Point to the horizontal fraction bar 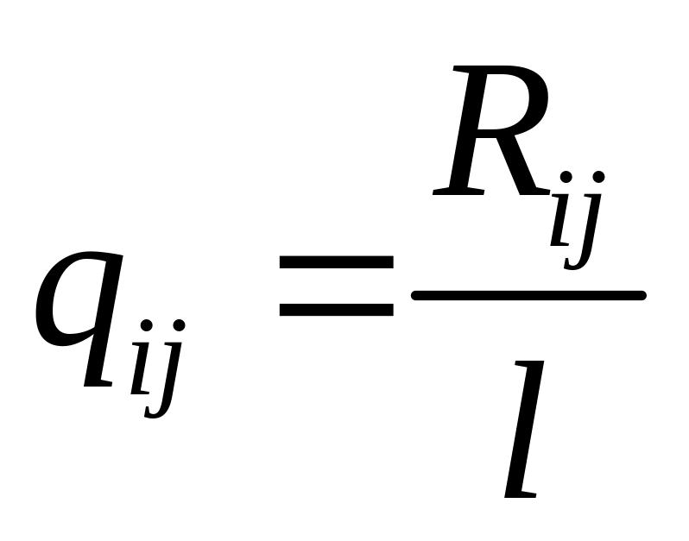(x=528, y=296)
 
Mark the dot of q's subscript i (x=147, y=325)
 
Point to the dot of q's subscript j (x=179, y=325)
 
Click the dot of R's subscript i (x=566, y=179)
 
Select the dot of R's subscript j (x=597, y=179)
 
